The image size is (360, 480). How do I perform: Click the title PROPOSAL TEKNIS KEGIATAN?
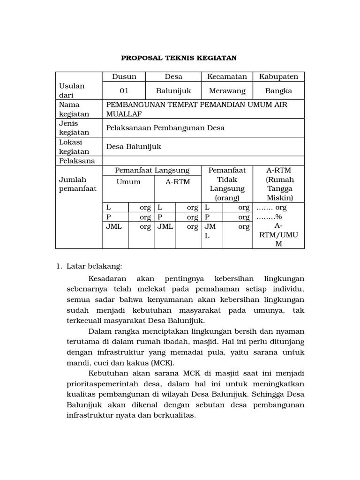(x=179, y=58)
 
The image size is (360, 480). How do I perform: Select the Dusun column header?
(x=124, y=77)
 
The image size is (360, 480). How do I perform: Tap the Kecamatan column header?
(x=227, y=77)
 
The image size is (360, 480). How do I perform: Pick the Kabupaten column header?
(x=278, y=77)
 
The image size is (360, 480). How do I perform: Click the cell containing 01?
(x=124, y=90)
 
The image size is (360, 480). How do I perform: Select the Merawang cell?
(x=227, y=90)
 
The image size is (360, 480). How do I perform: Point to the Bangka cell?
(x=278, y=90)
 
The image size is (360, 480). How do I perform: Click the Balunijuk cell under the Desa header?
(x=173, y=90)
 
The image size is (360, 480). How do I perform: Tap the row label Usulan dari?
(x=72, y=90)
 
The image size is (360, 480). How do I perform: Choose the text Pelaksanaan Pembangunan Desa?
(x=165, y=128)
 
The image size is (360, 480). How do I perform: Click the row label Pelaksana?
(x=77, y=161)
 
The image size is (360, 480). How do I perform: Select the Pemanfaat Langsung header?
(x=152, y=170)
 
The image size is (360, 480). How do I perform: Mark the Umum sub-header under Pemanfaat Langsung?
(x=128, y=182)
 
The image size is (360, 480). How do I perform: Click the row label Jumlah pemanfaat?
(x=77, y=184)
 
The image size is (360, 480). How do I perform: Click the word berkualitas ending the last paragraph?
(x=177, y=416)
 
